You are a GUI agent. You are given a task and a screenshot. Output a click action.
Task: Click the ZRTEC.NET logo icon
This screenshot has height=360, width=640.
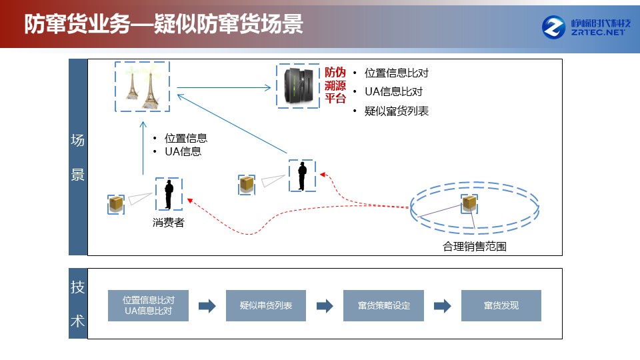coord(553,27)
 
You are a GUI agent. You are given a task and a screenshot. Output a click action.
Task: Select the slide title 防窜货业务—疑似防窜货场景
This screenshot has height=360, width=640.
coord(164,24)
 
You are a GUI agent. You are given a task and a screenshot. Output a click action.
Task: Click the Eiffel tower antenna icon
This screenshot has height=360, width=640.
coord(142,87)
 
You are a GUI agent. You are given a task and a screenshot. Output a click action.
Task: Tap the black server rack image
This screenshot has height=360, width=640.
coord(299,86)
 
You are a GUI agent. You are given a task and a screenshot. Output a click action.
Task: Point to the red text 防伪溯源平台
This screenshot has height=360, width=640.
coord(335,85)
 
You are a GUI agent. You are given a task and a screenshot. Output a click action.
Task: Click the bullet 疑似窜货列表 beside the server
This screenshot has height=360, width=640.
coord(396,111)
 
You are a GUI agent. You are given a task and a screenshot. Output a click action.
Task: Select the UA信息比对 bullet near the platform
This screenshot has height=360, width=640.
coord(393,91)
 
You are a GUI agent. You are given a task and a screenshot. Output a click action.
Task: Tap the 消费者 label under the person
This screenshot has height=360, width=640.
coord(169,223)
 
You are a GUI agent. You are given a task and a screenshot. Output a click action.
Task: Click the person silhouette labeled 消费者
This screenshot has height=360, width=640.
coord(169,195)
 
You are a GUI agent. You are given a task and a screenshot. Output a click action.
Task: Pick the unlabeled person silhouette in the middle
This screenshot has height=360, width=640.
coord(302,176)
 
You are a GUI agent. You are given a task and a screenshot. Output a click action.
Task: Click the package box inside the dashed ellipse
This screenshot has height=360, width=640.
coord(469,203)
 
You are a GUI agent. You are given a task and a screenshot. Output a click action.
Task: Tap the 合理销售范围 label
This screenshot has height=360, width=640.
coord(475,247)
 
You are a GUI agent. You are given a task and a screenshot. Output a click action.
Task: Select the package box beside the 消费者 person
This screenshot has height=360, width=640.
coord(116,204)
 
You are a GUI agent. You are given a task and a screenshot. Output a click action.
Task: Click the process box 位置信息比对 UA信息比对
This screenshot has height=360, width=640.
coord(148,306)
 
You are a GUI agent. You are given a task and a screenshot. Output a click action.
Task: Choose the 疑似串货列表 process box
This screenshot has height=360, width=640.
coord(266,306)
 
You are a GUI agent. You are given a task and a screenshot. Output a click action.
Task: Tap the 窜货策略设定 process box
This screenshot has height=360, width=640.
coord(384,306)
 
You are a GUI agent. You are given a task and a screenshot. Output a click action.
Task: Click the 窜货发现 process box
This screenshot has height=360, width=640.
coord(501,306)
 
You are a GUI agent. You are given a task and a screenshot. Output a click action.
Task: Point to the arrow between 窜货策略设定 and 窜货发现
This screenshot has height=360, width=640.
coord(443,306)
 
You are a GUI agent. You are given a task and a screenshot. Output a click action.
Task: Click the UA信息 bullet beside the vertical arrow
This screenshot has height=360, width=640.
coord(183,152)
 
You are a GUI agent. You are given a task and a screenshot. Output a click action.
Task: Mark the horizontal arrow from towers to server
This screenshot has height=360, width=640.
coord(224,87)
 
